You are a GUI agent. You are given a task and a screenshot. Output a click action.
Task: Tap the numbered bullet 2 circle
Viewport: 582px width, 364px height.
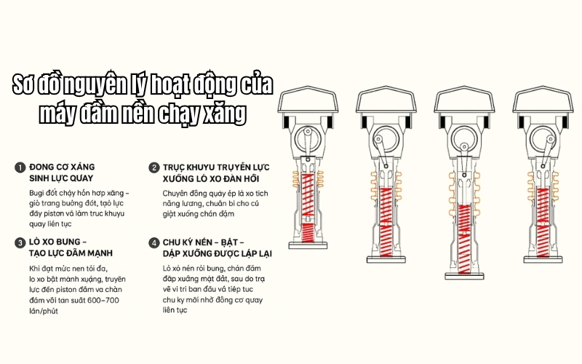click(154, 167)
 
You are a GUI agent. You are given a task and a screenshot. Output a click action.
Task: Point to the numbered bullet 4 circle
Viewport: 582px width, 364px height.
click(154, 242)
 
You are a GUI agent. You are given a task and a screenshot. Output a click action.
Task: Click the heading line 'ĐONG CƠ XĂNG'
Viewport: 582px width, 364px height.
click(62, 167)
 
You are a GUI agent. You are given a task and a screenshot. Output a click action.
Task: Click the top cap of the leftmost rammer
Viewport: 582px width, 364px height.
click(308, 102)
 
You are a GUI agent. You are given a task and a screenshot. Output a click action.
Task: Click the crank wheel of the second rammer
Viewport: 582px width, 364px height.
click(378, 141)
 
